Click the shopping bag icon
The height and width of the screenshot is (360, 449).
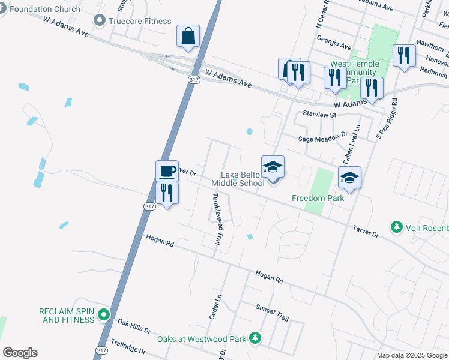click(x=188, y=36)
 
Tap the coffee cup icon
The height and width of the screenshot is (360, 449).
click(x=167, y=171)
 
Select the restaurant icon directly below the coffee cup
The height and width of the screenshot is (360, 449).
click(x=167, y=193)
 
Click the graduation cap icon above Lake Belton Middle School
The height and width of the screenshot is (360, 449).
click(x=272, y=166)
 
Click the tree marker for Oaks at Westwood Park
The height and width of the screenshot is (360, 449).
click(x=255, y=339)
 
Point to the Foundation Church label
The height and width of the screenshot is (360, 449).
click(x=45, y=9)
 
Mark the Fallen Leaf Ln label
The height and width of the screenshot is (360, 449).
click(x=351, y=145)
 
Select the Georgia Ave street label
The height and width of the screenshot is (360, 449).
click(x=337, y=46)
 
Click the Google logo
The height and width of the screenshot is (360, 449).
click(x=20, y=353)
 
